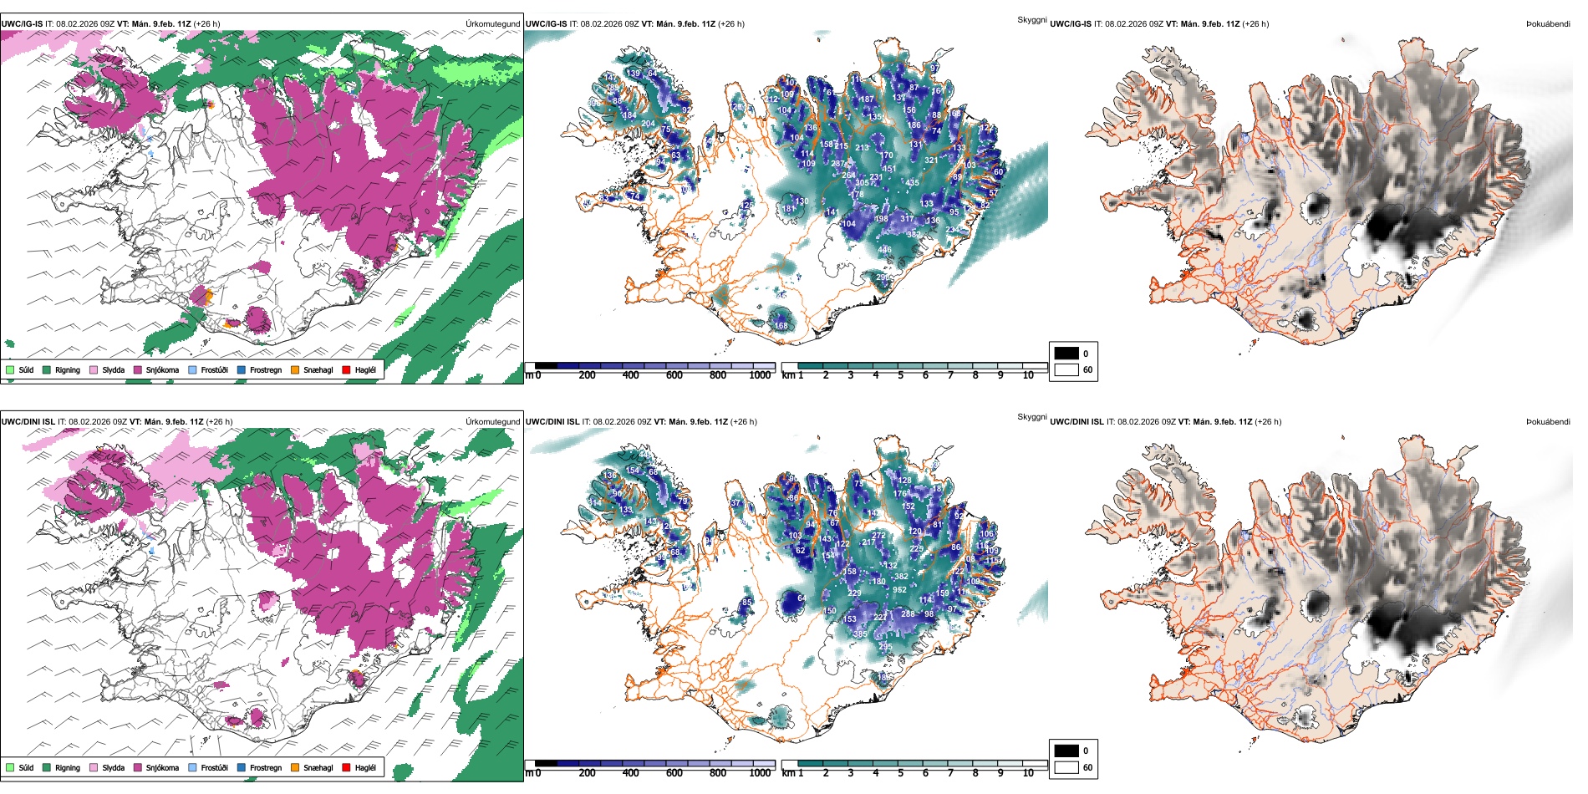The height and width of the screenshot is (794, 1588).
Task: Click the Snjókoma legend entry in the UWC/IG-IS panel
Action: [x=162, y=369]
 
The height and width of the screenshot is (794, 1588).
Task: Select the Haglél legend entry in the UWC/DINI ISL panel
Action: [x=365, y=767]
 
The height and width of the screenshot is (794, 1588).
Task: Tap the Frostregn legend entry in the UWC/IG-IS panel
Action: [x=265, y=369]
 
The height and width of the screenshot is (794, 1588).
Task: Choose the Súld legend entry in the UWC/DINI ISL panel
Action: [x=26, y=767]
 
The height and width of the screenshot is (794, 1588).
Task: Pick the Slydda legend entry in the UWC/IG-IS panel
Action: [x=113, y=369]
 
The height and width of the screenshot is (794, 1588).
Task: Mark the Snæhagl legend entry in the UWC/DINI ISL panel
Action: [x=318, y=767]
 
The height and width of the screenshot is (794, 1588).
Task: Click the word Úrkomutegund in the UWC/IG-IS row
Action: [x=492, y=24]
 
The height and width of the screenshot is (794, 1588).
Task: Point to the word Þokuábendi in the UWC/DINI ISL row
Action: [x=1548, y=422]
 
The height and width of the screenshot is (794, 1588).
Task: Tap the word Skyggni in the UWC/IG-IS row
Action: [x=1031, y=20]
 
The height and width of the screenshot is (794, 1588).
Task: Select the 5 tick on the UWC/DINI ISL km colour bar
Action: [x=900, y=773]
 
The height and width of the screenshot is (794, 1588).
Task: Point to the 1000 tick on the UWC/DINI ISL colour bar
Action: [x=760, y=773]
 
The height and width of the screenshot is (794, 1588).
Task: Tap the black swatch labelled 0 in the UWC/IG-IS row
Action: [x=1066, y=354]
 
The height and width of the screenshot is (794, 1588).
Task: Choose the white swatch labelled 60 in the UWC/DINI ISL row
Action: [x=1066, y=767]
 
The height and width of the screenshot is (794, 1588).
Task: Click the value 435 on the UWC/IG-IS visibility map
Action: [x=912, y=183]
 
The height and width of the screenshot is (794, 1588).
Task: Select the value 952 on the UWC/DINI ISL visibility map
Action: [x=899, y=590]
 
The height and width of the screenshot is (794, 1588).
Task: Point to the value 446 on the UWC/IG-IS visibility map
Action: [x=884, y=250]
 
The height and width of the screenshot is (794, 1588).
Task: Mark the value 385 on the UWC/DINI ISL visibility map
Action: [x=860, y=634]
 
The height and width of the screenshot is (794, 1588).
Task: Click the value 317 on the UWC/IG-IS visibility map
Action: [x=907, y=219]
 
